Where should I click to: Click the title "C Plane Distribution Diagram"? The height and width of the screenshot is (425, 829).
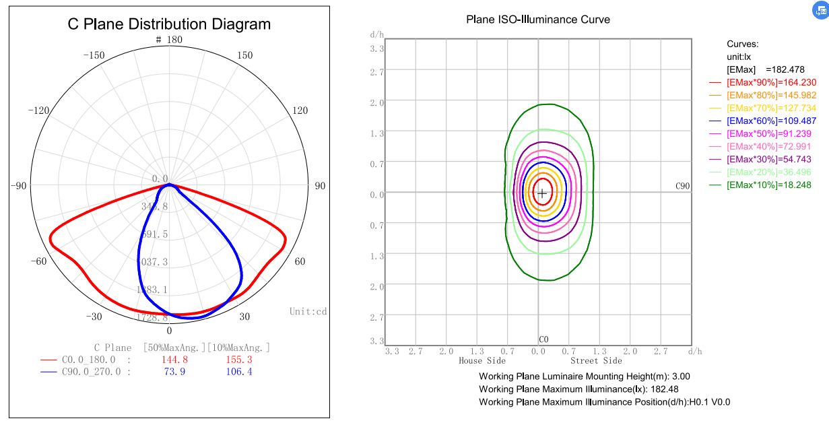pos(169,24)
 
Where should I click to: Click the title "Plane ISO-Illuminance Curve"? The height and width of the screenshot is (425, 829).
pos(538,20)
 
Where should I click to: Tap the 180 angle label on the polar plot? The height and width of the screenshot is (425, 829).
pos(174,40)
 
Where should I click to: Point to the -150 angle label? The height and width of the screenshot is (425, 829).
pos(94,55)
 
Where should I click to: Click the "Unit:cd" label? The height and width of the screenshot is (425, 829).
pos(308,311)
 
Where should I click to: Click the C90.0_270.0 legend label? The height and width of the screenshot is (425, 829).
pos(92,372)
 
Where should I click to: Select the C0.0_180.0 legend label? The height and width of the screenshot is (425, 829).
pos(92,360)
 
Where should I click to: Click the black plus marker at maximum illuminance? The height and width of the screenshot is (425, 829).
pos(542,193)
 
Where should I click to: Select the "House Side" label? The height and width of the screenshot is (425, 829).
pos(482,361)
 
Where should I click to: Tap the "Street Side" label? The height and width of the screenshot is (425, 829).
pos(596,361)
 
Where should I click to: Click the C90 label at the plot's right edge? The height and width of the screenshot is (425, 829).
pos(683,186)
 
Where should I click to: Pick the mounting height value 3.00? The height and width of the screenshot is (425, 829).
pos(682,377)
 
